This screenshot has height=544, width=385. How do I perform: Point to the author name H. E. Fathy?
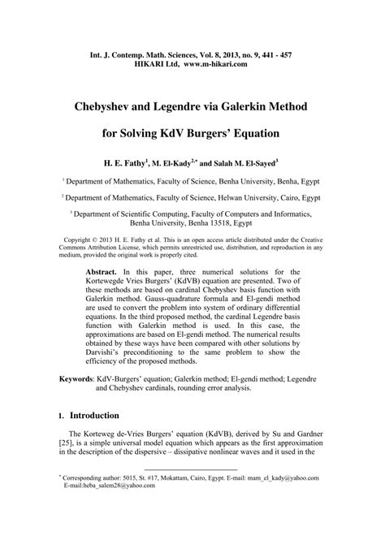pos(122,162)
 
